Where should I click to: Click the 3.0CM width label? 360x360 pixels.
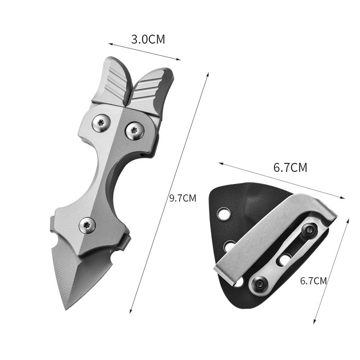[x=148, y=39]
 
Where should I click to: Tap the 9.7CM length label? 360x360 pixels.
[x=183, y=198]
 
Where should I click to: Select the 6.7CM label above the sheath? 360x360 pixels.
[x=290, y=168]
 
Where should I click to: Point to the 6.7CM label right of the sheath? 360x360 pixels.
[x=313, y=281]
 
